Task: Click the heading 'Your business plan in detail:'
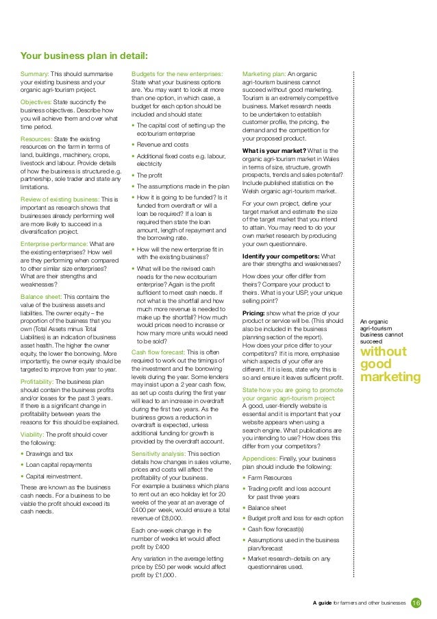84,57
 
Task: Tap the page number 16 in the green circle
416,603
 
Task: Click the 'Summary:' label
34,73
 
